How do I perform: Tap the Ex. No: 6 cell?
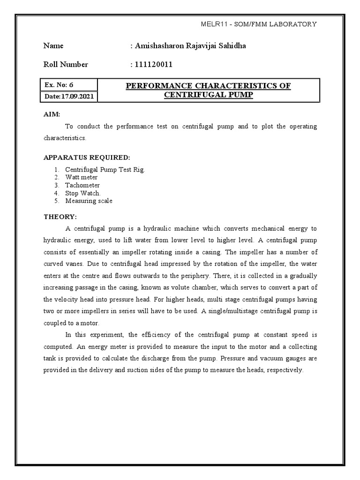point(59,85)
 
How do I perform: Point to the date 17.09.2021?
point(77,97)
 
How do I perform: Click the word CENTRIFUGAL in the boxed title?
point(184,95)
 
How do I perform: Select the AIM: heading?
point(51,114)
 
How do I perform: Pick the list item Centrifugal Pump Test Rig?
point(105,169)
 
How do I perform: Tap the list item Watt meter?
point(82,177)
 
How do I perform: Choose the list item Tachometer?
point(82,185)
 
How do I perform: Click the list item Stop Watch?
point(83,193)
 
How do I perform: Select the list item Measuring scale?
point(89,201)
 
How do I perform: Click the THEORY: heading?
point(60,217)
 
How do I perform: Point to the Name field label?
point(53,46)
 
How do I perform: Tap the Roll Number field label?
point(66,65)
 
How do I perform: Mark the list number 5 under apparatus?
point(55,201)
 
